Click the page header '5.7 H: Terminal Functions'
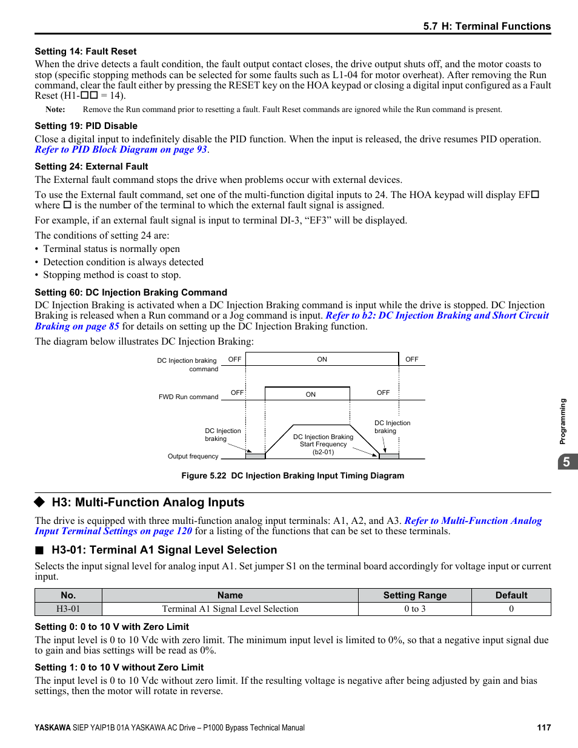point(487,26)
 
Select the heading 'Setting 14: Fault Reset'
point(85,51)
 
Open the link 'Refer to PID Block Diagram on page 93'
point(121,150)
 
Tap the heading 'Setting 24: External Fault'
point(91,167)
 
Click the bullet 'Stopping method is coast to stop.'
point(111,275)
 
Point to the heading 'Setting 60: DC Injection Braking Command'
point(131,293)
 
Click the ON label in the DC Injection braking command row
point(322,359)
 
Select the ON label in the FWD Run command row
point(310,394)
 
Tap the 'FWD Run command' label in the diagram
point(188,397)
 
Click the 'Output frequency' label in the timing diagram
point(193,456)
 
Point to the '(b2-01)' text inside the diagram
point(323,452)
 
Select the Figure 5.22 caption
point(293,475)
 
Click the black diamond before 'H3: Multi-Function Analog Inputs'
point(40,502)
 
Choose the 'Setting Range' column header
point(414,595)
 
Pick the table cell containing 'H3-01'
point(68,609)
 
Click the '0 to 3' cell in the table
point(414,609)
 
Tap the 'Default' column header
point(511,595)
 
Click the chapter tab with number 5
point(566,462)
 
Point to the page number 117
point(543,727)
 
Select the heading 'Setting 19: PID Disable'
point(86,126)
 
